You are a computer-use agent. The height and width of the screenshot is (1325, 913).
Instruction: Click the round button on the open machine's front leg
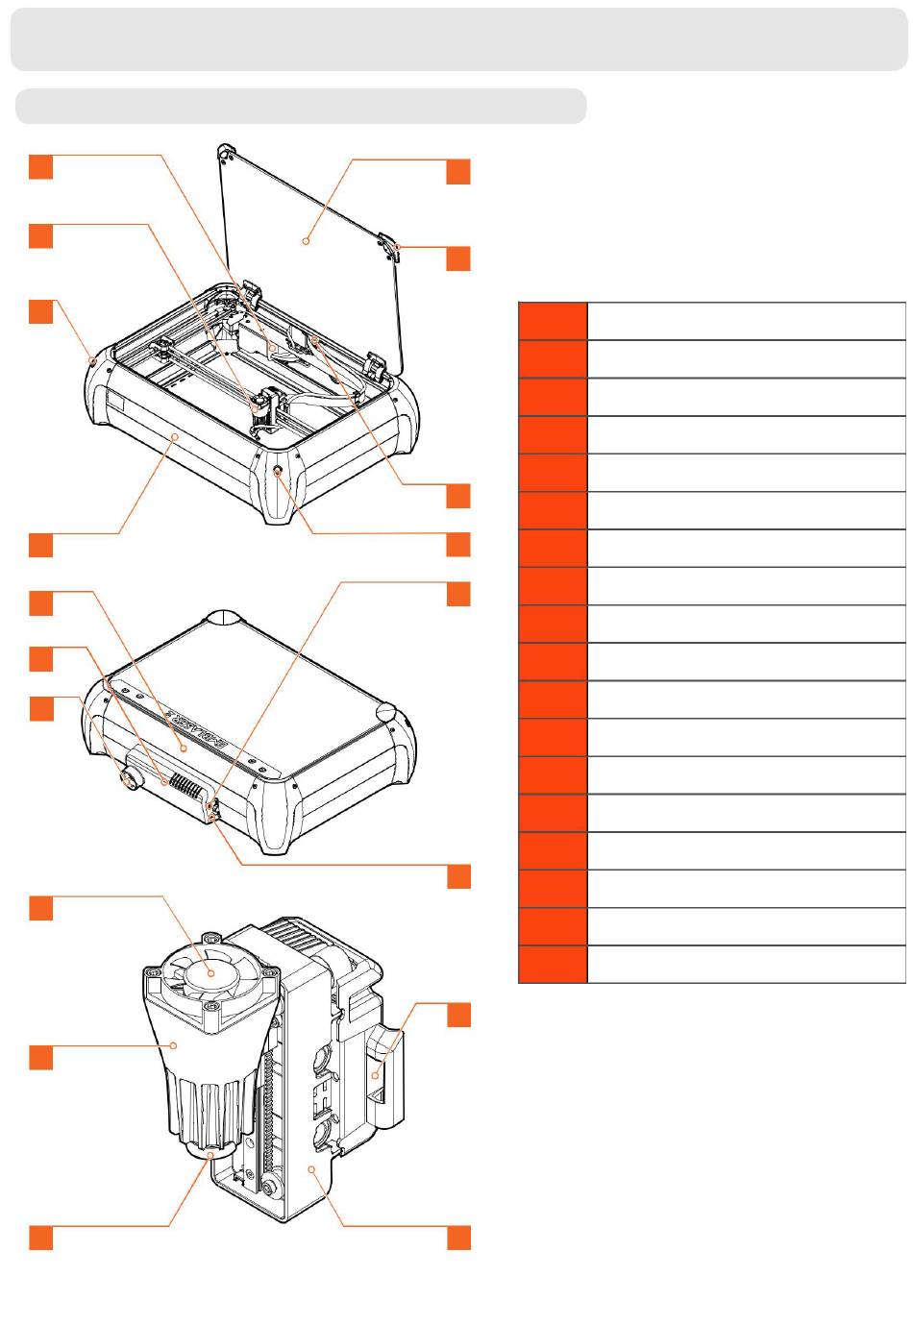[279, 472]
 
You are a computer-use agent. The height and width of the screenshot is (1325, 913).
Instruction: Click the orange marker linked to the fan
[40, 908]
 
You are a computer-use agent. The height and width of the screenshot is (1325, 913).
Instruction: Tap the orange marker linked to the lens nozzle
[40, 1238]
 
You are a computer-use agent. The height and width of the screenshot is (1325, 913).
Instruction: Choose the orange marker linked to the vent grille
[40, 659]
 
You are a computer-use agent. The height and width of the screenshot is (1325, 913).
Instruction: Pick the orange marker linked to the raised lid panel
[458, 173]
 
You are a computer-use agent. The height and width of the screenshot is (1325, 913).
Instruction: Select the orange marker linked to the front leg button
[458, 545]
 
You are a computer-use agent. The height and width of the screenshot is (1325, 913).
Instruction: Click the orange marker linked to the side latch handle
[458, 1016]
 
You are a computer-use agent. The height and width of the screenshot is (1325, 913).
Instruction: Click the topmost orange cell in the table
[553, 320]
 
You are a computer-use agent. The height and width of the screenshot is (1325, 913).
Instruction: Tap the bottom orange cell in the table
[553, 965]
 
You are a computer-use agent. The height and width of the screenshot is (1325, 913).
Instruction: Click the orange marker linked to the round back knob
[40, 709]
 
